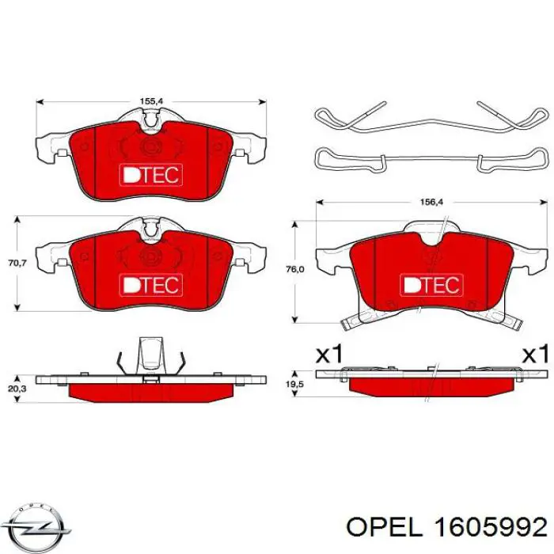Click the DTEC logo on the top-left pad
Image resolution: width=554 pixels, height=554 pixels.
coord(150,173)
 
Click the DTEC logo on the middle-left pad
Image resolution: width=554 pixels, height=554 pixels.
coord(150,283)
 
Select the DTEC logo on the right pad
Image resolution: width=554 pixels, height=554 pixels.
coord(430,283)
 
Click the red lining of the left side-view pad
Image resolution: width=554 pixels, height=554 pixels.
coord(150,391)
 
